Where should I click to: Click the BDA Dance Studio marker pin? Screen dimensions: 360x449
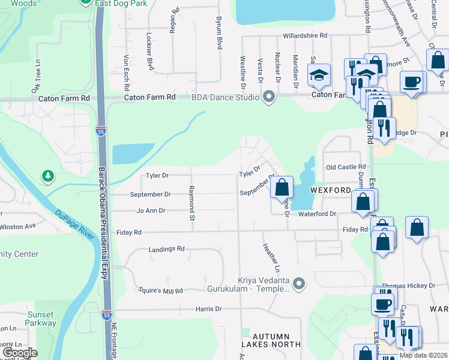pyautogui.click(x=268, y=97)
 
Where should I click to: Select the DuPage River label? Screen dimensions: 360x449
pyautogui.click(x=76, y=224)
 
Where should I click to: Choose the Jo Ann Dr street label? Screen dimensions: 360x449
pyautogui.click(x=151, y=211)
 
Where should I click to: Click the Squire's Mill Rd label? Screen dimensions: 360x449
pyautogui.click(x=160, y=290)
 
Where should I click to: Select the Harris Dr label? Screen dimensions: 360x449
pyautogui.click(x=208, y=309)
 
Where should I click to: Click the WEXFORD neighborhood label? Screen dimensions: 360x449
pyautogui.click(x=330, y=190)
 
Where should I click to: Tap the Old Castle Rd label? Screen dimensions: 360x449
pyautogui.click(x=345, y=167)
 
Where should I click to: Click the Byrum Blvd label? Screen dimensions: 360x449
pyautogui.click(x=219, y=33)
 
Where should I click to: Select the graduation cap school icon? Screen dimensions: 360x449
pyautogui.click(x=319, y=75)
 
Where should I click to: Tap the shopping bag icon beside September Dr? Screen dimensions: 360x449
pyautogui.click(x=282, y=188)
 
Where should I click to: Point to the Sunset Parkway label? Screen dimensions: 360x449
pyautogui.click(x=41, y=319)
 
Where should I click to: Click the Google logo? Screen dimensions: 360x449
pyautogui.click(x=20, y=353)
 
